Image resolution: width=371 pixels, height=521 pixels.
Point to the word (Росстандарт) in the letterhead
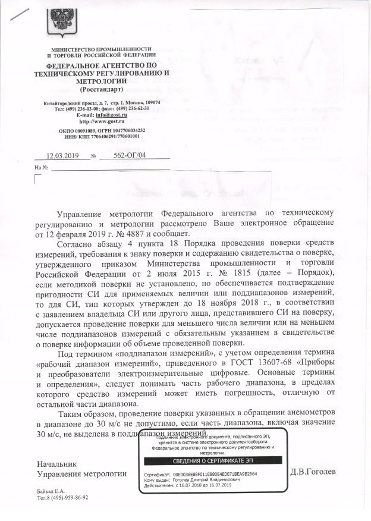[x=102, y=89]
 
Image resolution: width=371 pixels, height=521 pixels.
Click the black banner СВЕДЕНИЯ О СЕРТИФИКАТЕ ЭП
[x=212, y=460]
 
